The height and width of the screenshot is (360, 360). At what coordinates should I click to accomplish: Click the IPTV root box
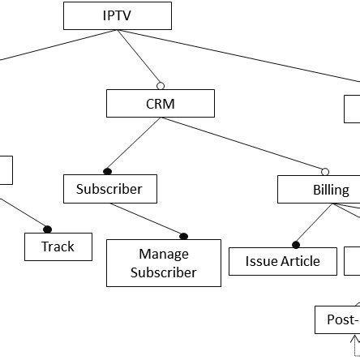tap(118, 15)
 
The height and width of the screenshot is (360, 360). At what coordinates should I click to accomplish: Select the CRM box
tap(160, 104)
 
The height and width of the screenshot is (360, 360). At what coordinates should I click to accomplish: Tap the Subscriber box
tap(109, 189)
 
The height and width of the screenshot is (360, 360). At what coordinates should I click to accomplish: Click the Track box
tap(58, 246)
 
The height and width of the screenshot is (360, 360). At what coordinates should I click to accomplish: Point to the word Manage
tap(163, 254)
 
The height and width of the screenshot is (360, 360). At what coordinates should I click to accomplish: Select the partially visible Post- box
tap(336, 319)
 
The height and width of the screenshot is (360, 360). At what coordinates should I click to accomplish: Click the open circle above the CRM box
tap(161, 86)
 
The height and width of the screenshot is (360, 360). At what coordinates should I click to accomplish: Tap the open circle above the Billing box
tap(325, 172)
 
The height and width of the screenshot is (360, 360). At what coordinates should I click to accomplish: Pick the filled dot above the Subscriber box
tap(108, 171)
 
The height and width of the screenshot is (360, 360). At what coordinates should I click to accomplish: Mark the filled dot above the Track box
tap(47, 229)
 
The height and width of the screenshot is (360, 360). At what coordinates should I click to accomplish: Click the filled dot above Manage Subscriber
tap(183, 236)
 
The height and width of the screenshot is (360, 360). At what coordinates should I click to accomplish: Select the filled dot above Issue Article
tap(296, 244)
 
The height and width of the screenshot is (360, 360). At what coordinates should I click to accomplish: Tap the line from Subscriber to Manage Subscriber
tap(146, 219)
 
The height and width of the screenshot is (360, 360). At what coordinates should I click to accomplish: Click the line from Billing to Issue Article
tap(315, 223)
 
